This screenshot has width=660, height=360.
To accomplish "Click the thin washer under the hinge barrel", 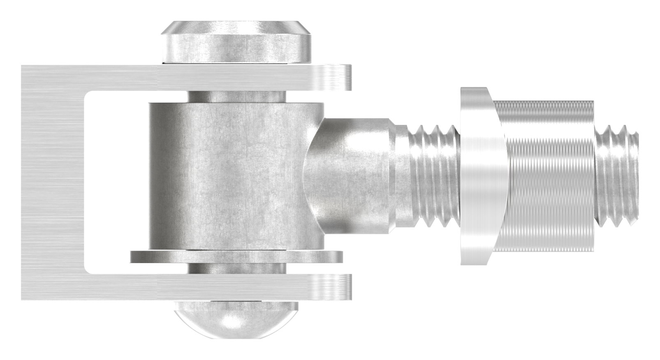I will click(236, 257).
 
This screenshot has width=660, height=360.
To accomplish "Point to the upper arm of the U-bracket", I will click(185, 78).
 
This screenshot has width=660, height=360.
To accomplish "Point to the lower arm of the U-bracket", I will click(185, 286).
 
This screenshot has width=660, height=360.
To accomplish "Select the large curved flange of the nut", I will click(481, 177).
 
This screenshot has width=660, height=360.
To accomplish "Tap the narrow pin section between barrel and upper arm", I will click(236, 97).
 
